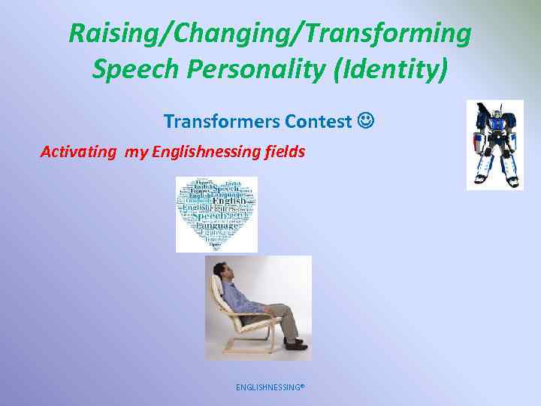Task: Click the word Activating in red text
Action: point(77,152)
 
